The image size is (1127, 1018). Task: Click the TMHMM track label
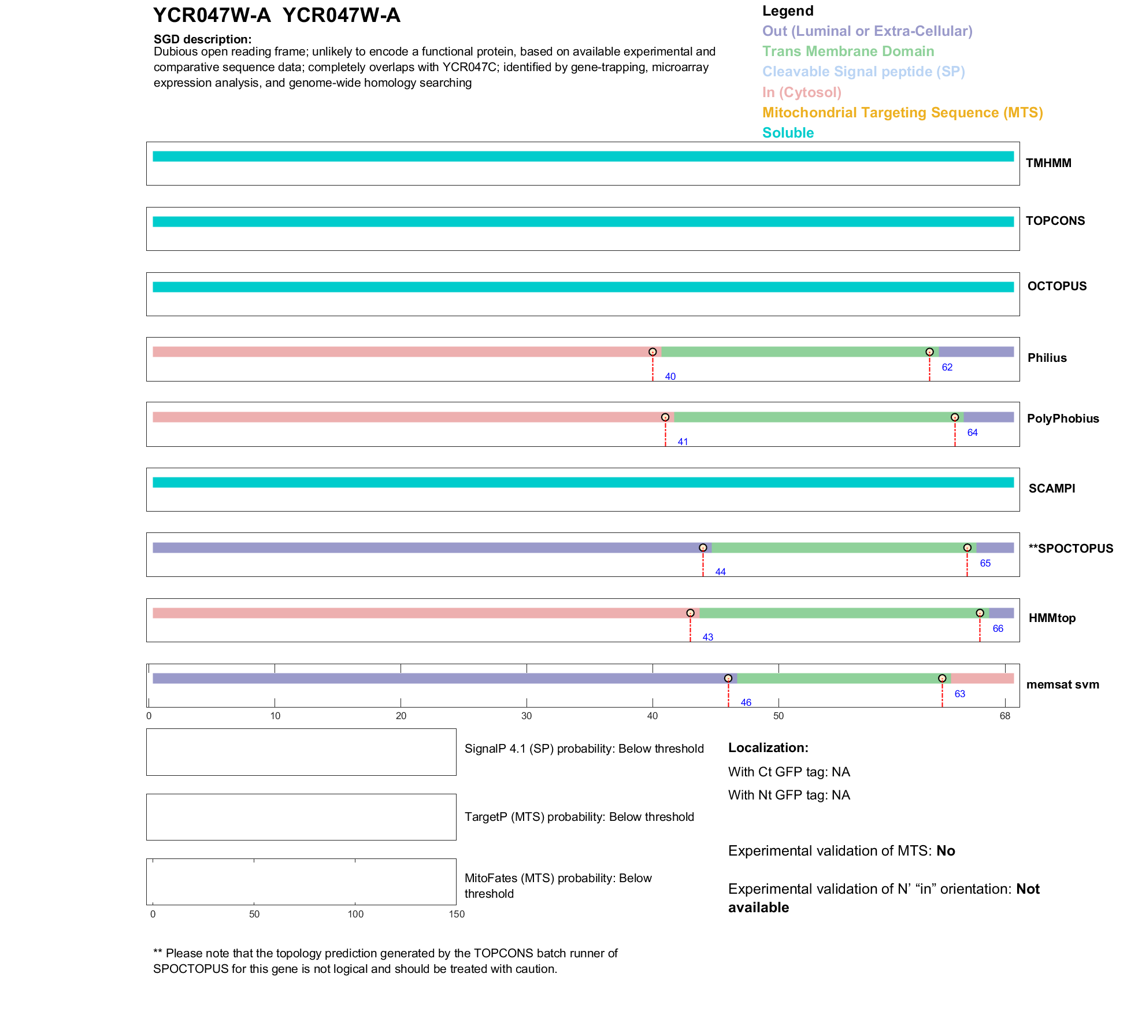click(x=1048, y=163)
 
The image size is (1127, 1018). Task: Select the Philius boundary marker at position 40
click(x=653, y=352)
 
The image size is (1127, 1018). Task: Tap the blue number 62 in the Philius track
click(x=947, y=367)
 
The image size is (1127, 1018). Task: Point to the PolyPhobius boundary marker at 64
click(x=955, y=417)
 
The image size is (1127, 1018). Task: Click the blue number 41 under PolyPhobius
click(x=683, y=442)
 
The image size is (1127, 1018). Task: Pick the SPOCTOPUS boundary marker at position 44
click(x=703, y=547)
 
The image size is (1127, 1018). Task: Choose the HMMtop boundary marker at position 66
click(x=980, y=613)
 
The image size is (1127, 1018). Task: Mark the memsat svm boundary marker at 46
click(x=728, y=678)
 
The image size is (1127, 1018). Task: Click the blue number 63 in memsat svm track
click(x=959, y=694)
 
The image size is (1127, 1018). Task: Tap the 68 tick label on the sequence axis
click(x=1005, y=716)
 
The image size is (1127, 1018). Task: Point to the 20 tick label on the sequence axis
click(x=401, y=716)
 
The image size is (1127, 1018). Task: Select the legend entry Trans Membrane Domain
click(x=848, y=51)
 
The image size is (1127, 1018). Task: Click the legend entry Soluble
click(x=788, y=133)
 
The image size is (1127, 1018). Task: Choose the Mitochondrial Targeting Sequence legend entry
click(x=902, y=113)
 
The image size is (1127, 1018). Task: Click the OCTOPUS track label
click(x=1056, y=286)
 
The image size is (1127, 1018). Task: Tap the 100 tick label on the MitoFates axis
click(x=355, y=914)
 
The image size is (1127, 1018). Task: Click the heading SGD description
click(x=202, y=39)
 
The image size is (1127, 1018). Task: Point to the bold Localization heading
click(x=768, y=747)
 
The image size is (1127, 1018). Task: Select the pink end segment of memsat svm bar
click(x=982, y=679)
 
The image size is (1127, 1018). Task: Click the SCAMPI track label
click(x=1051, y=488)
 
